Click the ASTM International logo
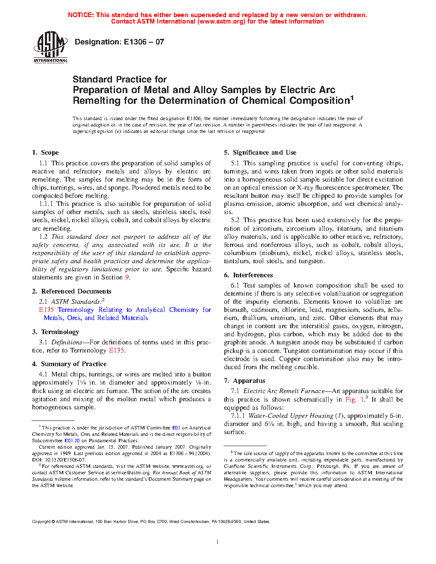pyautogui.click(x=50, y=47)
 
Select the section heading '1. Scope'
pyautogui.click(x=45, y=153)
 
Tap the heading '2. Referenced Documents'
pyautogui.click(x=71, y=291)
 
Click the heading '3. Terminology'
pyautogui.click(x=56, y=332)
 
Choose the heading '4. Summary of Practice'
pyautogui.click(x=69, y=364)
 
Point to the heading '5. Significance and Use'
pyautogui.click(x=260, y=153)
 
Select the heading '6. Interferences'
pyautogui.click(x=248, y=275)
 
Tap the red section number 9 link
pyautogui.click(x=127, y=277)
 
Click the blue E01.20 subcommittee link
pyautogui.click(x=72, y=441)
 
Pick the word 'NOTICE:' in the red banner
pyautogui.click(x=81, y=15)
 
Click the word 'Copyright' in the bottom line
pyautogui.click(x=41, y=522)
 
